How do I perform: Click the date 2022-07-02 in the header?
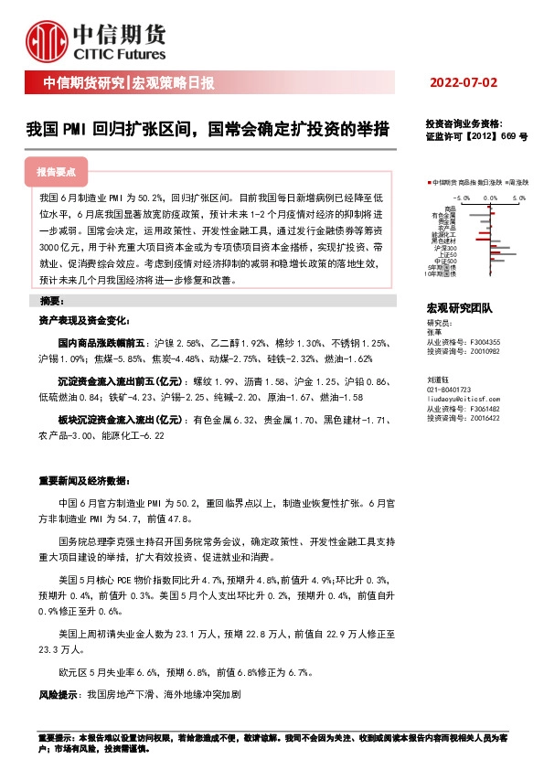[x=464, y=83]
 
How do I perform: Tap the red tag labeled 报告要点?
[x=56, y=171]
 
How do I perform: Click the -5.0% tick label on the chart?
[x=462, y=198]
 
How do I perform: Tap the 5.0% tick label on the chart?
[x=519, y=198]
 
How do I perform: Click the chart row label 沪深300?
[x=446, y=248]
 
